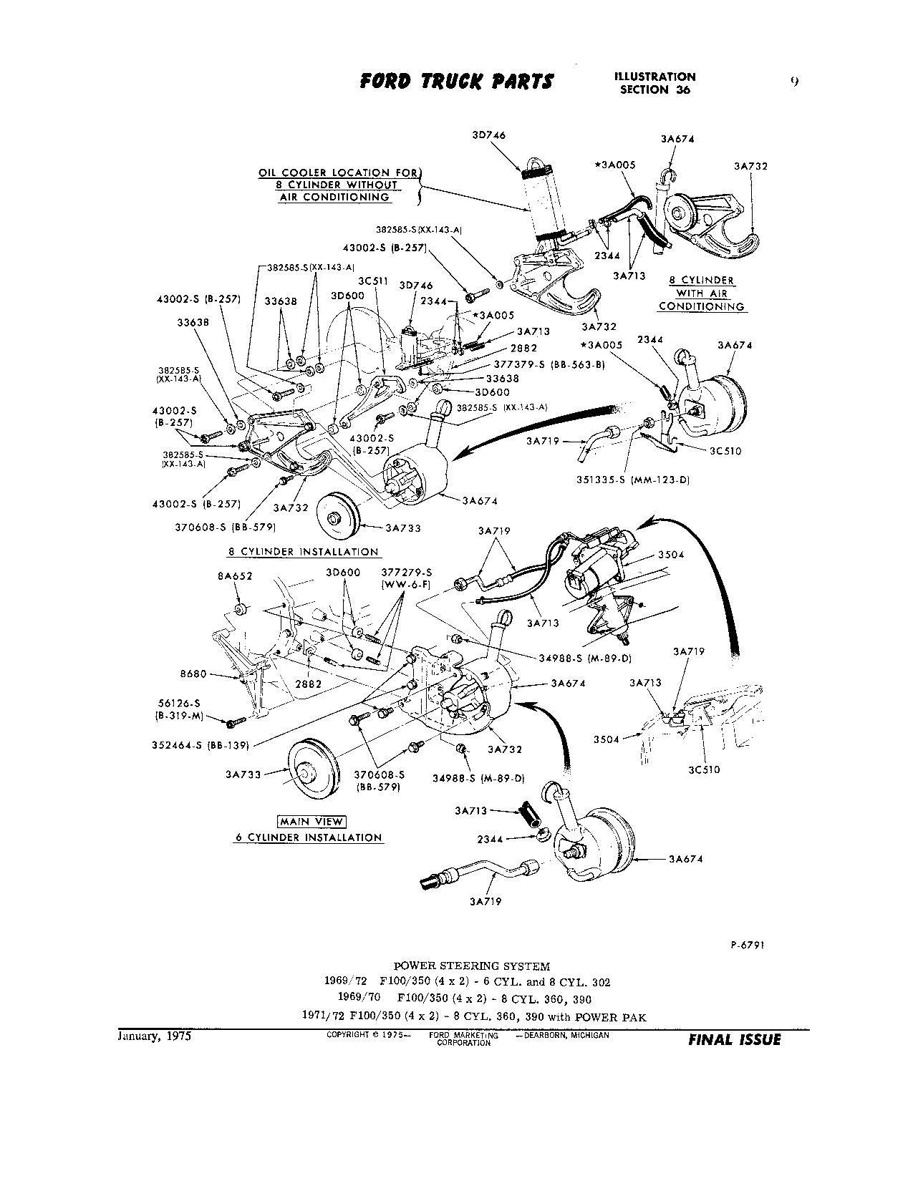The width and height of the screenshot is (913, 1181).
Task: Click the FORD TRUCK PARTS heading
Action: [456, 82]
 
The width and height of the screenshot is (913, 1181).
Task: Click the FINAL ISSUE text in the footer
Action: [734, 1039]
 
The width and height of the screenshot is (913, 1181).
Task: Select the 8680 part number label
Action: [193, 674]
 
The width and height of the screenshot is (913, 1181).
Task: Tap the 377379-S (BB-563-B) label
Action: [549, 364]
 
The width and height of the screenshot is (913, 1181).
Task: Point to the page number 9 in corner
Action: [795, 82]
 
